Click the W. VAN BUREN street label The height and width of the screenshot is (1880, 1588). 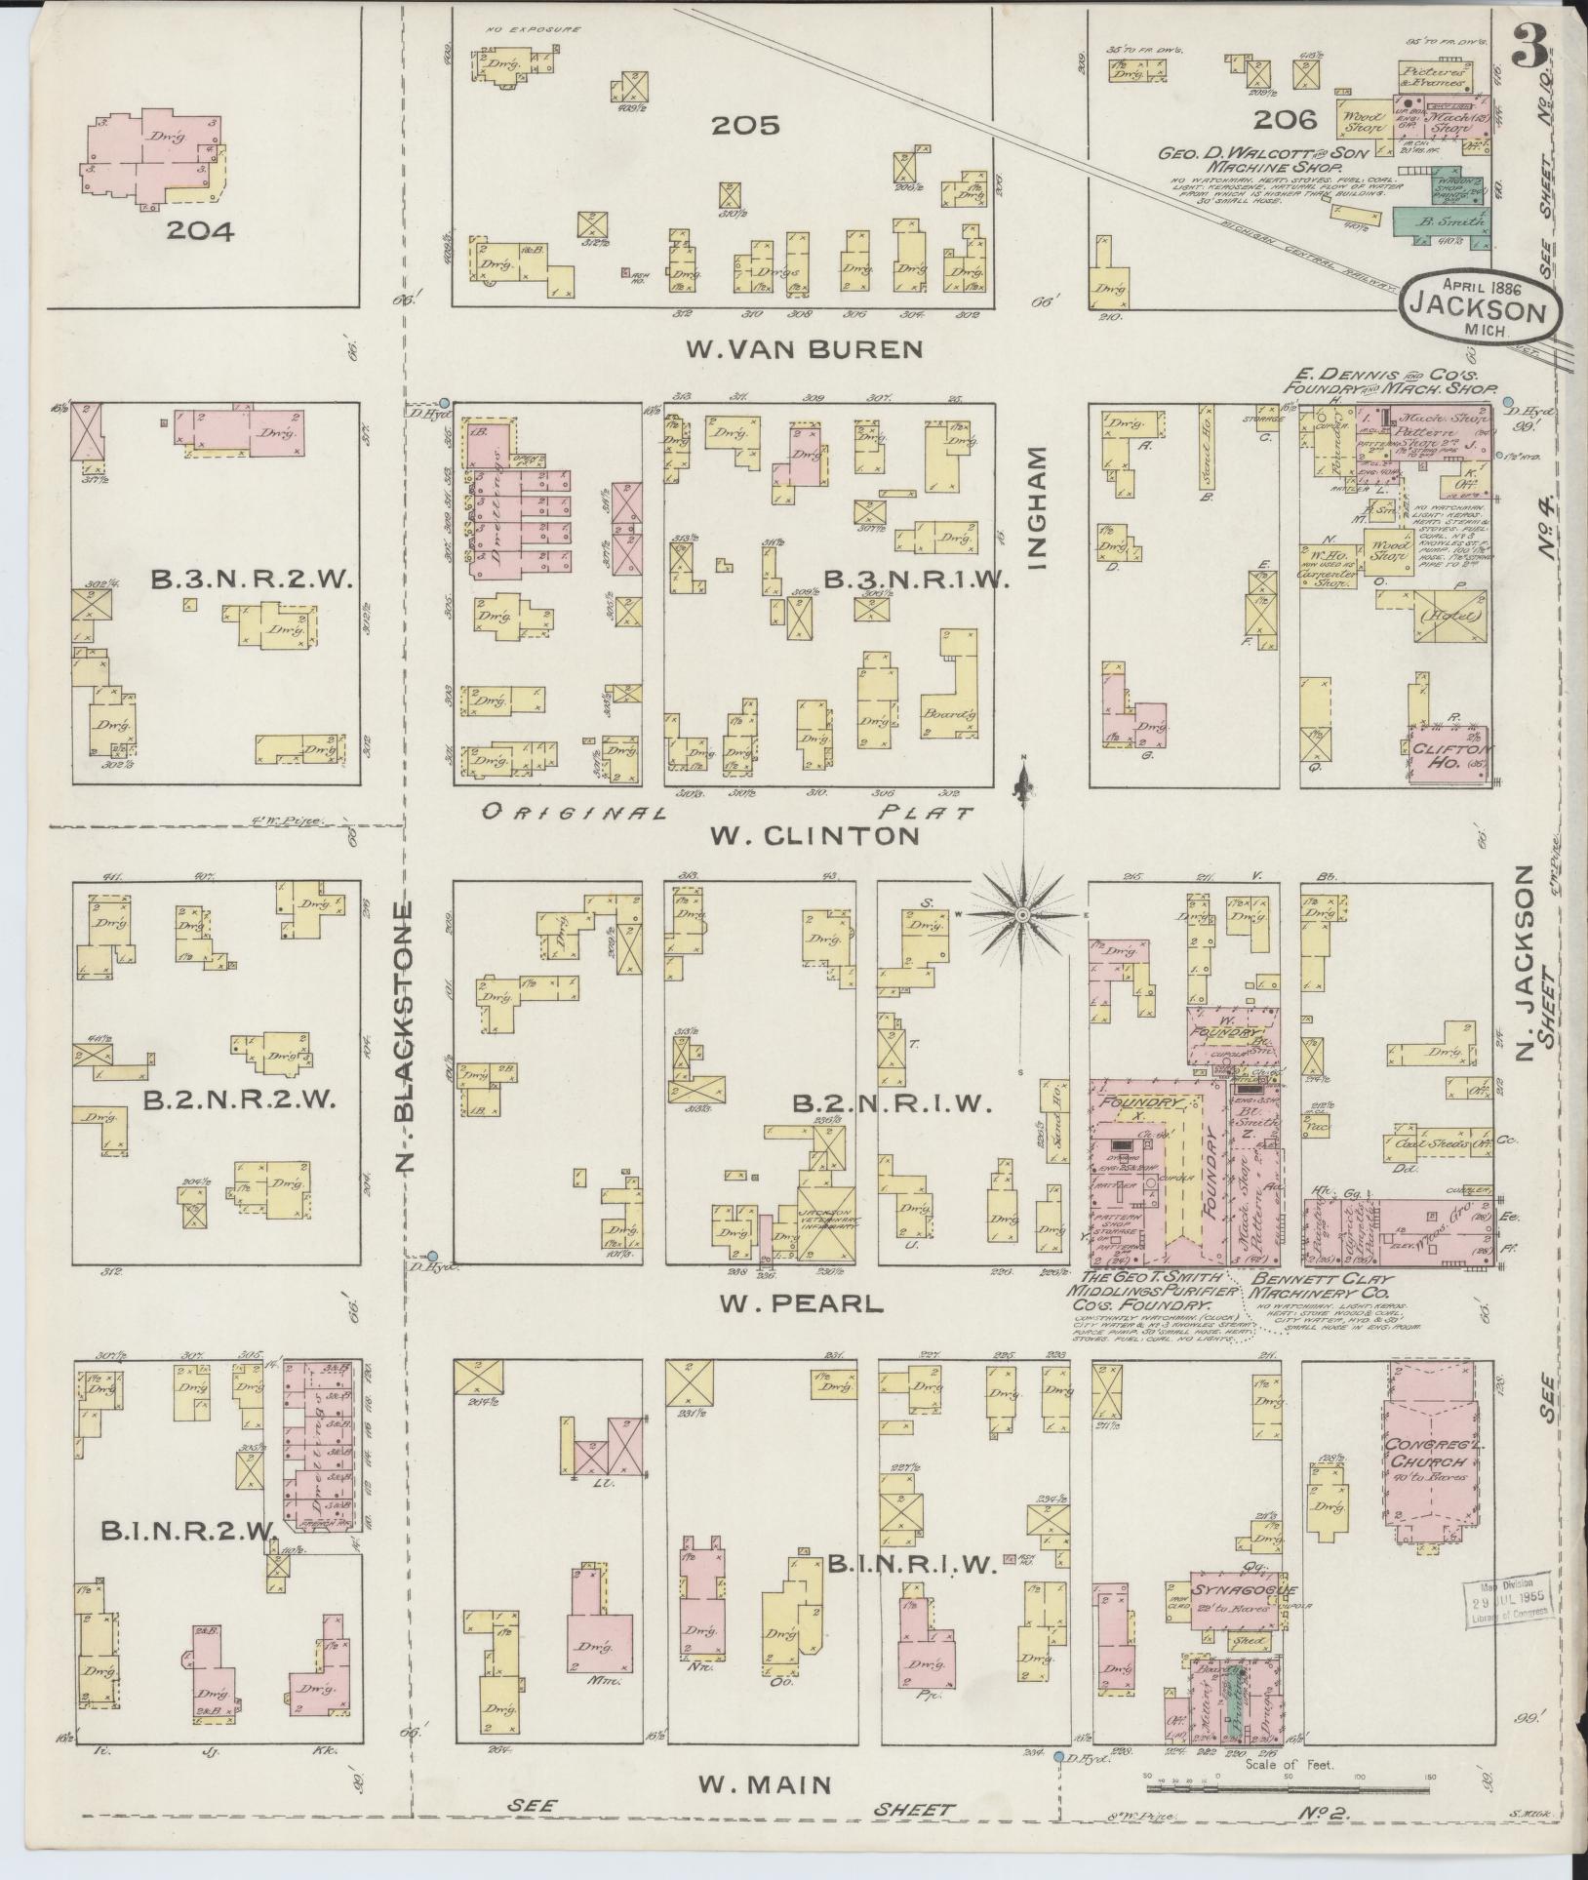tap(804, 349)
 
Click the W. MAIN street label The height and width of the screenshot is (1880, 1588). tap(765, 1784)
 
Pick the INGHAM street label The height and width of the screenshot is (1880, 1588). tap(1036, 507)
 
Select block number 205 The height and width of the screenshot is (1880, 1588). tap(745, 125)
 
